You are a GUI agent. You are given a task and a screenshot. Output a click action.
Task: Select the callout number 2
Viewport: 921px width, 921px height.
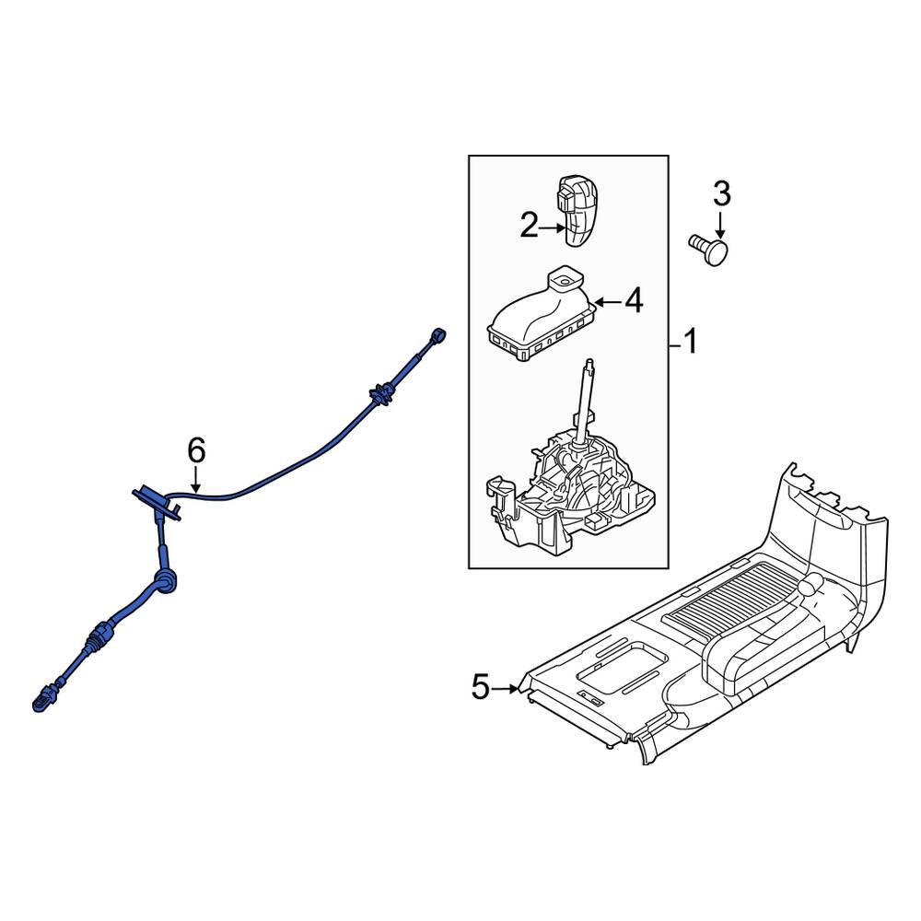(528, 226)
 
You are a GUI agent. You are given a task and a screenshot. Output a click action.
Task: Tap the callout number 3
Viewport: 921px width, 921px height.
(721, 194)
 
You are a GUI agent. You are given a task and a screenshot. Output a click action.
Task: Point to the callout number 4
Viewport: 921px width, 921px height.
(634, 301)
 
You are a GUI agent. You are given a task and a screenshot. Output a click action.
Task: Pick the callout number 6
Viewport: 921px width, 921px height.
(195, 450)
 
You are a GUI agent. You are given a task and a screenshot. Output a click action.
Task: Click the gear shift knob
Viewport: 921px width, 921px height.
(578, 209)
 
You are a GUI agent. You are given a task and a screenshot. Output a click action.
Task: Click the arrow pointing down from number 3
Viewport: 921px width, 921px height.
(721, 227)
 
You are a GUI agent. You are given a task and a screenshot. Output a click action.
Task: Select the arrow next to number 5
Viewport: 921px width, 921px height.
(508, 688)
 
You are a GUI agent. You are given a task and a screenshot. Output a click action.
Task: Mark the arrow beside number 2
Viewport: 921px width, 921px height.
(554, 227)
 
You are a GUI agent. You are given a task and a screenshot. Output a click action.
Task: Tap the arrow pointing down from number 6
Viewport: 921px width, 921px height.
(195, 478)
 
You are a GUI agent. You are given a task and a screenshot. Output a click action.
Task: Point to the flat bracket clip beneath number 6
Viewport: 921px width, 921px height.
(155, 497)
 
